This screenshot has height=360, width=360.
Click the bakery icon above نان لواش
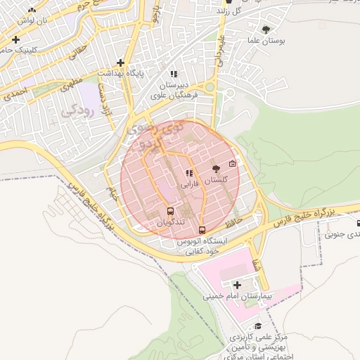32,11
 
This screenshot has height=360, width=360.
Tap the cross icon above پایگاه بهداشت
120,63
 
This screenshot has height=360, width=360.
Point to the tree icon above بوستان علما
265,30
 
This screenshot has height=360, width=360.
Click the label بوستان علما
265,41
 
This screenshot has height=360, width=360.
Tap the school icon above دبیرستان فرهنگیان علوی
174,74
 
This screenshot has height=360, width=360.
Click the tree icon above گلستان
215,169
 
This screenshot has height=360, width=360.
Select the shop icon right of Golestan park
233,164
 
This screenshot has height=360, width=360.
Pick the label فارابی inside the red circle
189,185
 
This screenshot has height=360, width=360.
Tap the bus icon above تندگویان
169,210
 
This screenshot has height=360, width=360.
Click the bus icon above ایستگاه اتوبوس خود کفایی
202,230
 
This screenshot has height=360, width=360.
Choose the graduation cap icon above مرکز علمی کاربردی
258,326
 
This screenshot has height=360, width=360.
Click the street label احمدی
15,94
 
